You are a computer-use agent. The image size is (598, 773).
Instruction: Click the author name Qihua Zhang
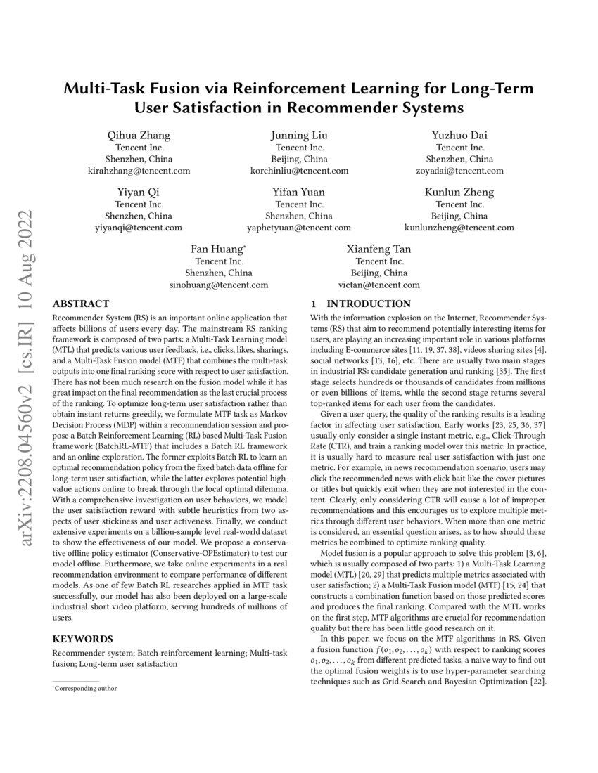[138, 135]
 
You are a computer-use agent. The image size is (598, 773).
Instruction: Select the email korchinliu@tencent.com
[299, 170]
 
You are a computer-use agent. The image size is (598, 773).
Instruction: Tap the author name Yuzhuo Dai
[459, 135]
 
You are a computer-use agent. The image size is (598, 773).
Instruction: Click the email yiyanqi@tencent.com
[138, 228]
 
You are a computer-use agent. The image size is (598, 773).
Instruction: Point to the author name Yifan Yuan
[299, 193]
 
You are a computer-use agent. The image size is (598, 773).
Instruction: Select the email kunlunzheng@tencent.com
[459, 228]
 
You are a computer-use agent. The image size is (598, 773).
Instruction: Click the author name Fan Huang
[217, 249]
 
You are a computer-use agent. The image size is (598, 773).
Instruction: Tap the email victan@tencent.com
[378, 285]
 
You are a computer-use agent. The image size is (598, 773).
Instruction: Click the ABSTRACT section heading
[81, 304]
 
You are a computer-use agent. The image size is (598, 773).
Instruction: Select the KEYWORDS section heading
[82, 639]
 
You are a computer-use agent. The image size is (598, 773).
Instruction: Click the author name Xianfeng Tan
[378, 249]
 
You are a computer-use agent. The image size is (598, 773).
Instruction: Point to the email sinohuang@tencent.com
[219, 285]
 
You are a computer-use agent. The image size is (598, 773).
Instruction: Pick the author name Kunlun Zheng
[459, 193]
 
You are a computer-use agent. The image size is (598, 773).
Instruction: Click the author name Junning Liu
[299, 135]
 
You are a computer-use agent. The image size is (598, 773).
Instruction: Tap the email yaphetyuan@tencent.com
[299, 228]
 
